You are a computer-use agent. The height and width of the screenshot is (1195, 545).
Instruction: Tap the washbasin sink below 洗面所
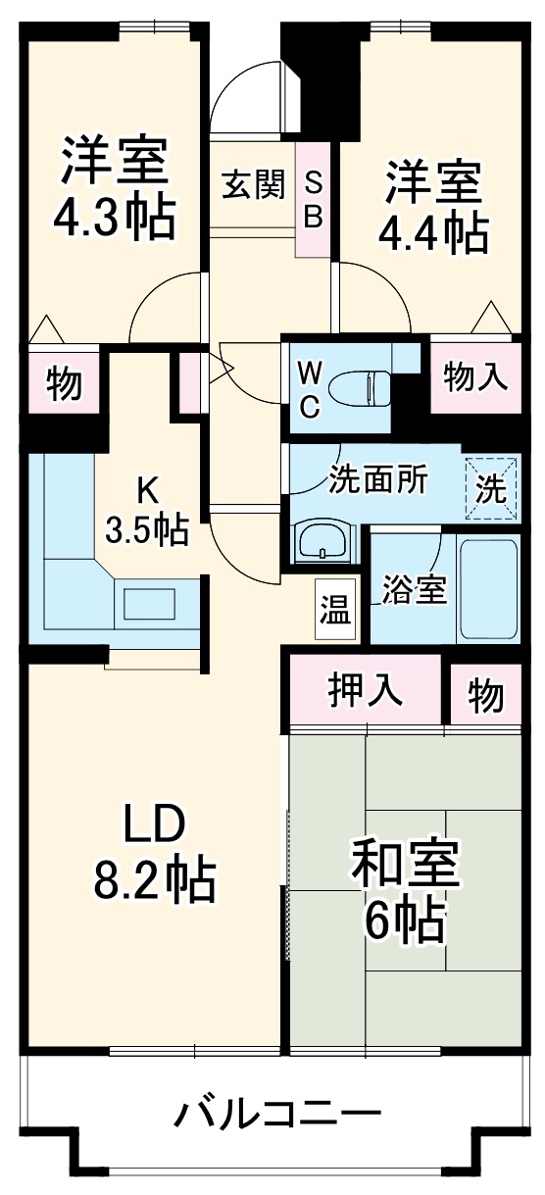click(322, 541)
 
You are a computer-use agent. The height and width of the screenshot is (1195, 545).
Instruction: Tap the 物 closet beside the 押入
click(485, 695)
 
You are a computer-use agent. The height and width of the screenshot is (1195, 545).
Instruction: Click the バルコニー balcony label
click(276, 1115)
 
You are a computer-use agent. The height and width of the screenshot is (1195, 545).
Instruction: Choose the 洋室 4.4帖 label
click(433, 206)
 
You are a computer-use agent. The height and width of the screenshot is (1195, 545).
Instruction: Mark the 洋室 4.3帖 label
click(114, 188)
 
